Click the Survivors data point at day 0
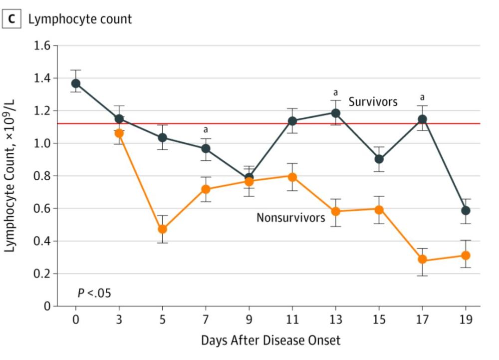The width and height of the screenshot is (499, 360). coord(76,83)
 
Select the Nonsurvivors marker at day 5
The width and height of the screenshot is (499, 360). coord(162,229)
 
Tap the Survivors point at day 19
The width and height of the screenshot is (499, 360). coord(466,210)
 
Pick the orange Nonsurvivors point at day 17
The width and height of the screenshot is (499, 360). coord(423,259)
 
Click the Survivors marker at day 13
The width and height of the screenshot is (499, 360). coord(336,113)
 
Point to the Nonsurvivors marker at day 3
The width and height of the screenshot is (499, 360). coord(119,133)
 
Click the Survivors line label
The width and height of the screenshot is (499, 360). coord(373,102)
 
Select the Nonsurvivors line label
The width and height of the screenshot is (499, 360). coord(290,218)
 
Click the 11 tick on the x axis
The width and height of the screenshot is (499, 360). coord(292,319)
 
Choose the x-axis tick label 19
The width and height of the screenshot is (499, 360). coord(466,319)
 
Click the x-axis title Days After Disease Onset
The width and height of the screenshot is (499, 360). coord(270,341)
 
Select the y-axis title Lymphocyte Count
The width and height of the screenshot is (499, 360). coord(11,176)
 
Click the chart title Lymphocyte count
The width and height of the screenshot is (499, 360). coord(80,19)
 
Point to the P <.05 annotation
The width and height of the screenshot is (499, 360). coord(94,293)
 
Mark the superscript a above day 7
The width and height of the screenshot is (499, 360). coord(206,130)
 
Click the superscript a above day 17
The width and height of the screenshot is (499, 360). coord(423,97)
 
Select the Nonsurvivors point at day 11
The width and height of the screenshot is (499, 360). coord(292,177)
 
